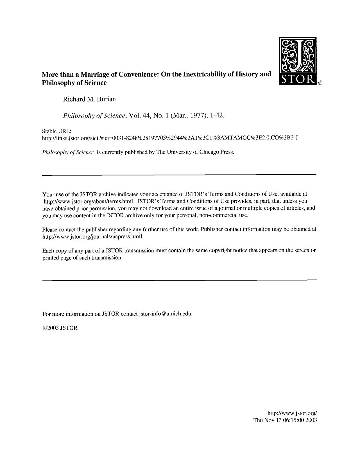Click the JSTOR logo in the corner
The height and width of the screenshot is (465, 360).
297,61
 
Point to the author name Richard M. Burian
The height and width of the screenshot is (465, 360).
89,99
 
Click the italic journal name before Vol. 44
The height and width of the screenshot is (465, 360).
94,116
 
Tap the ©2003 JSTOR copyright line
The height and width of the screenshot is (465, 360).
60,328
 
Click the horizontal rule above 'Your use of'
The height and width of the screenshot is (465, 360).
179,175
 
